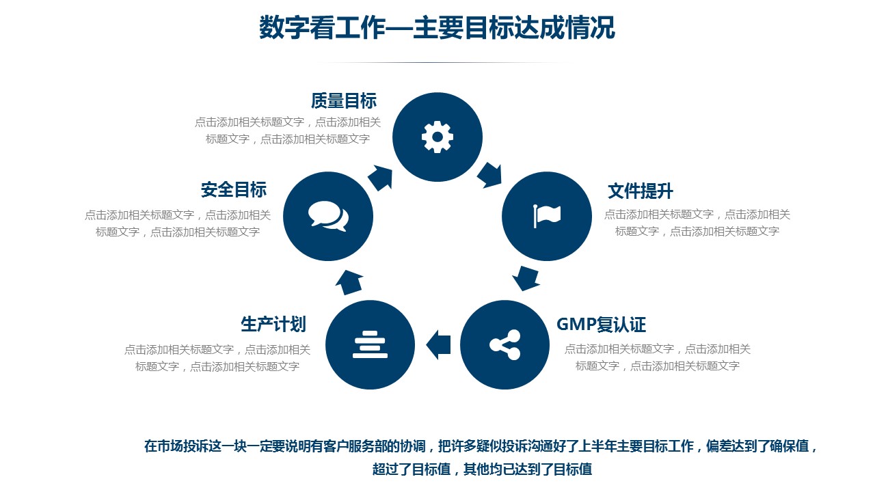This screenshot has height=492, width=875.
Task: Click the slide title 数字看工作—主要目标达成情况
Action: tap(437, 27)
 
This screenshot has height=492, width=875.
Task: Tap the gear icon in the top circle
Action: tap(437, 137)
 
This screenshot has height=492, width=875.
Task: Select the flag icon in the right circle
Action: tap(547, 216)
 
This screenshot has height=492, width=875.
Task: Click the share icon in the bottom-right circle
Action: tap(504, 345)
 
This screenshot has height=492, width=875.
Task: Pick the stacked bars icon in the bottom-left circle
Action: tap(370, 344)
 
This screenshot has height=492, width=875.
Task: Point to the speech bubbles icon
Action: tap(328, 216)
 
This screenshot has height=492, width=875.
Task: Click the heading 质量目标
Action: tap(344, 100)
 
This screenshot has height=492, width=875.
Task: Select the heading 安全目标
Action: tap(234, 190)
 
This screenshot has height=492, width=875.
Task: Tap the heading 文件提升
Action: tap(641, 191)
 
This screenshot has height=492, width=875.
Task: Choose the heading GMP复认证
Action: tap(601, 325)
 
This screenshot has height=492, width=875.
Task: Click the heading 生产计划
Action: tap(273, 325)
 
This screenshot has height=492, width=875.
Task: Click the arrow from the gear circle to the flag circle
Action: tap(489, 175)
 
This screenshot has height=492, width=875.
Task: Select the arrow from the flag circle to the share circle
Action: tap(526, 278)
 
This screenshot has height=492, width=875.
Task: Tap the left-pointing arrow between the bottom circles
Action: tap(438, 345)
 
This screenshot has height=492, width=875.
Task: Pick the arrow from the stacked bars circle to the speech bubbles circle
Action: tap(349, 282)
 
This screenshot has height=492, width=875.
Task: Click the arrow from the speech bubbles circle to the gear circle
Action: tap(381, 178)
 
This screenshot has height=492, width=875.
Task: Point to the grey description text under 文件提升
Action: tap(697, 223)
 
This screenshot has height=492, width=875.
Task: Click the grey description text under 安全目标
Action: tap(178, 223)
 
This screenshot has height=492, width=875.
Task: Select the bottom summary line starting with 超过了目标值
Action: tap(482, 469)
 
